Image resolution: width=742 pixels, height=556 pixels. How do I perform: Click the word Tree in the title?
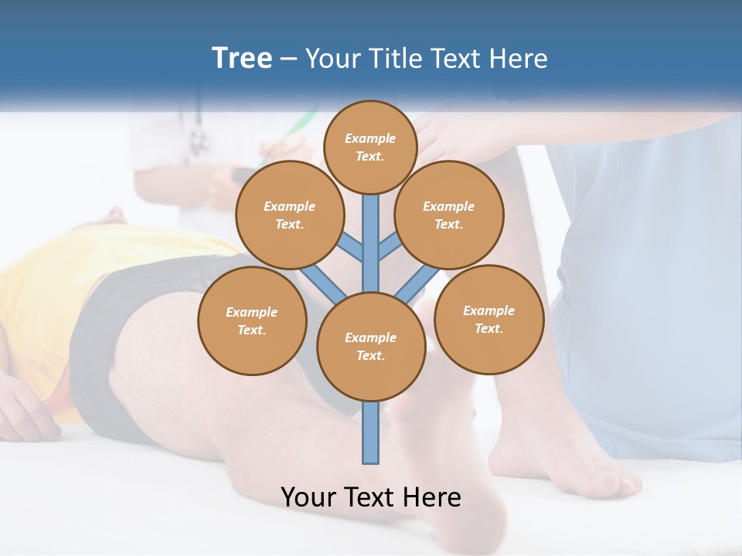[x=242, y=59]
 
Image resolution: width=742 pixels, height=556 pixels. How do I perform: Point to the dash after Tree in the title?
[x=289, y=59]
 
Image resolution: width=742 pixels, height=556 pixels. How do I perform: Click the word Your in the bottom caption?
[x=310, y=497]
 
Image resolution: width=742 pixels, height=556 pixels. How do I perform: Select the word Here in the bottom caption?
[x=433, y=497]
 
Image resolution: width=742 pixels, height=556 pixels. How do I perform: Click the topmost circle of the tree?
[x=370, y=147]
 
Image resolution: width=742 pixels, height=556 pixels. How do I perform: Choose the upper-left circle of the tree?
[x=289, y=215]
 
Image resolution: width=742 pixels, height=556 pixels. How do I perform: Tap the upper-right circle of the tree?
[x=449, y=215]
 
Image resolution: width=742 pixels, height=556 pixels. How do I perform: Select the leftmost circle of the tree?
[x=252, y=320]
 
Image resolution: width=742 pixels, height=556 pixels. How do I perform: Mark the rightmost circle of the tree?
[x=488, y=319]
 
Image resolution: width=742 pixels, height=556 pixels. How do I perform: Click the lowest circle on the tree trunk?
[x=371, y=346]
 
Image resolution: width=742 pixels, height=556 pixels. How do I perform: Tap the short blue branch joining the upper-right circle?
[x=390, y=247]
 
